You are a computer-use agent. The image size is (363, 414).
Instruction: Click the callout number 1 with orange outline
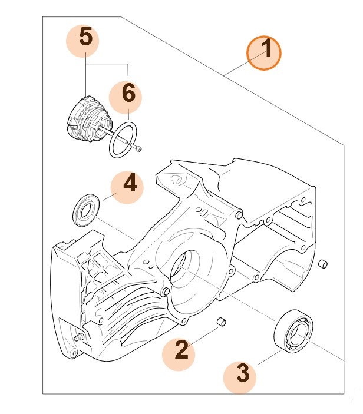coord(265,52)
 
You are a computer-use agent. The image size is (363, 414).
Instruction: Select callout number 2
coord(182,351)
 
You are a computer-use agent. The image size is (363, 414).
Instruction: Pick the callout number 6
coord(128,94)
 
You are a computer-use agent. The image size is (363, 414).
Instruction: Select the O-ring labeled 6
coord(123,140)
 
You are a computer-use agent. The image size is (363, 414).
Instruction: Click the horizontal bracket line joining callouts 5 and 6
coord(107,63)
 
